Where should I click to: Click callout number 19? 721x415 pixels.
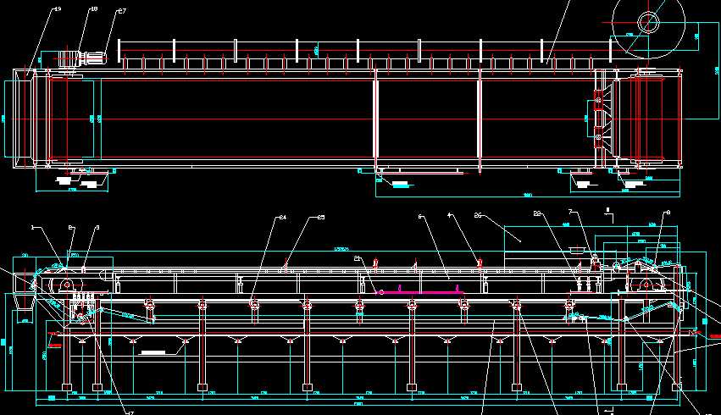[58, 8]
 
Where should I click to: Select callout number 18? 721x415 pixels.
[93, 9]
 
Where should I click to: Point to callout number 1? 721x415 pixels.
[33, 227]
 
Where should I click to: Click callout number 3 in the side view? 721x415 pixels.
[97, 227]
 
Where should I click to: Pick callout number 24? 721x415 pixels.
[282, 219]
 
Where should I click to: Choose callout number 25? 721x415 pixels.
[321, 219]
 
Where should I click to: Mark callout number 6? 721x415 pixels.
[420, 217]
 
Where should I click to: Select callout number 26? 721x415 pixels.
[478, 215]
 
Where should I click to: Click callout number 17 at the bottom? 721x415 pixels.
[130, 412]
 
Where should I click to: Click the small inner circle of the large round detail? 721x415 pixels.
[650, 22]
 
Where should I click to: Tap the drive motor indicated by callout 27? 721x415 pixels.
[91, 58]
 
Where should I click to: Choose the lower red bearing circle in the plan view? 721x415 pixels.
[598, 136]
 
